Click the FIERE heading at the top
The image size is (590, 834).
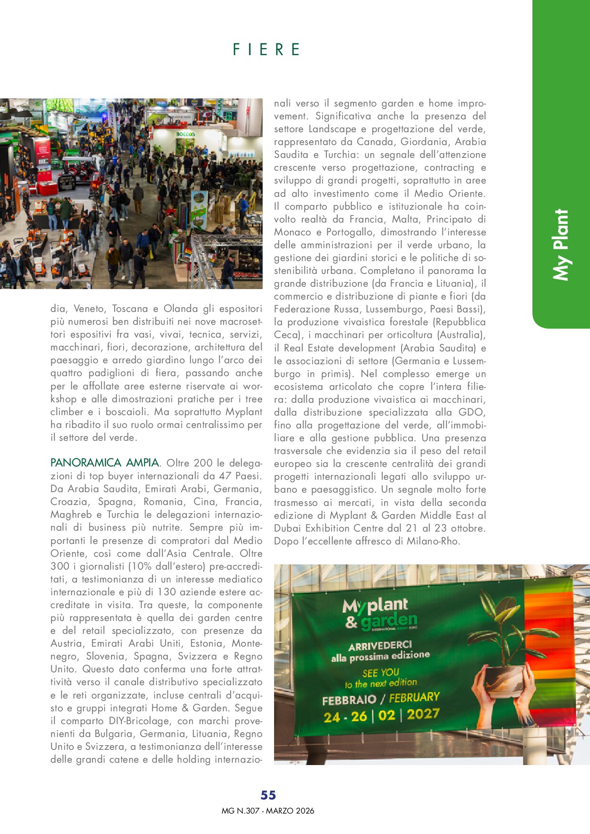pyautogui.click(x=266, y=49)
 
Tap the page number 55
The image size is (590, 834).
pyautogui.click(x=268, y=795)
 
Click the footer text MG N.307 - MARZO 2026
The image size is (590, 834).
pyautogui.click(x=268, y=811)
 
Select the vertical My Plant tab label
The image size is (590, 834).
pyautogui.click(x=561, y=244)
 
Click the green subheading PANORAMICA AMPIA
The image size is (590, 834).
pyautogui.click(x=105, y=463)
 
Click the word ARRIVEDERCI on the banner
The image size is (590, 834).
pyautogui.click(x=380, y=646)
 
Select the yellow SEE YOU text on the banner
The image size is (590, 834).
pyautogui.click(x=381, y=673)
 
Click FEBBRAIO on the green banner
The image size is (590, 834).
pyautogui.click(x=349, y=700)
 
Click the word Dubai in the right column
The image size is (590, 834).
pyautogui.click(x=288, y=528)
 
